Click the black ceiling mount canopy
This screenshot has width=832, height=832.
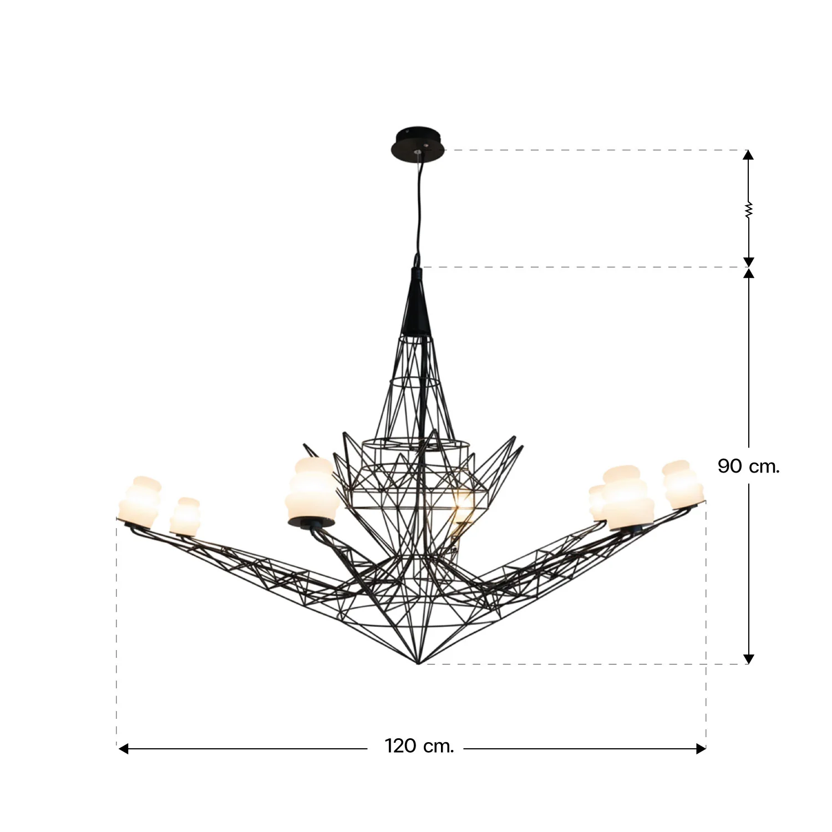coord(418,144)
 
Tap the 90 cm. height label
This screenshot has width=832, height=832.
coord(748,466)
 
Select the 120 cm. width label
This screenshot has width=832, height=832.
coord(419,746)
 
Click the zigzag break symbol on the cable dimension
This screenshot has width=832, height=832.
coord(748,210)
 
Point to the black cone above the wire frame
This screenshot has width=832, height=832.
coord(417,302)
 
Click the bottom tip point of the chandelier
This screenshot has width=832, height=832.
coord(418,663)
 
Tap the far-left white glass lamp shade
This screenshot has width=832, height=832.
coord(139,502)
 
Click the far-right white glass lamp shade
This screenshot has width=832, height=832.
coord(683,485)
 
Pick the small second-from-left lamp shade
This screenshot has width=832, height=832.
coord(185,516)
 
